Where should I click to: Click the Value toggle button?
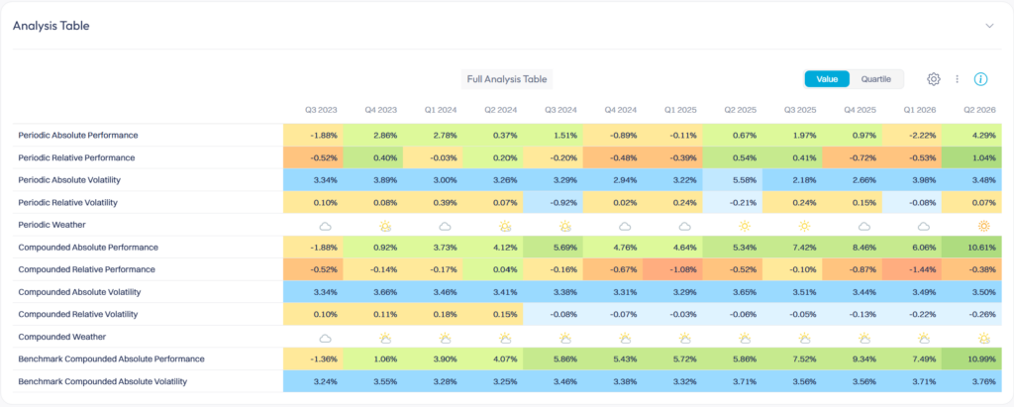point(827,79)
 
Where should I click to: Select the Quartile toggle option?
point(875,79)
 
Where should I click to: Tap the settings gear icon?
point(933,79)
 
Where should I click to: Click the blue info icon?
point(981,79)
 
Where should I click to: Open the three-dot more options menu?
point(958,79)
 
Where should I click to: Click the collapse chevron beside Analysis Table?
point(989,26)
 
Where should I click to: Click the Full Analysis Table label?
point(507,79)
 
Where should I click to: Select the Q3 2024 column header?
point(560,110)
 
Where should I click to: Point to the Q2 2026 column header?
point(980,110)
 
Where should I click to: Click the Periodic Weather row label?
point(52,225)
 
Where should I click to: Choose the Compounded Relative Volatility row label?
point(78,314)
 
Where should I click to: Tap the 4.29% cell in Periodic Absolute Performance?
point(977,136)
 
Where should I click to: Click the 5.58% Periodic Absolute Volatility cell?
point(733,180)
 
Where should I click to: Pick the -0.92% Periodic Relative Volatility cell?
point(553,203)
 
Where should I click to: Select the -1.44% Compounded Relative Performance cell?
point(912,269)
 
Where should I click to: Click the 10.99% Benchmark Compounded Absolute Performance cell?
point(977,358)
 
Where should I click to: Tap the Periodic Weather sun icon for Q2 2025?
point(744,226)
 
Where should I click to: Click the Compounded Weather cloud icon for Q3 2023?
point(325,338)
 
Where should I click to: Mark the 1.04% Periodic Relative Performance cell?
point(977,157)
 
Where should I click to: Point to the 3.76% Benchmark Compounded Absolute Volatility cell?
point(977,381)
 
